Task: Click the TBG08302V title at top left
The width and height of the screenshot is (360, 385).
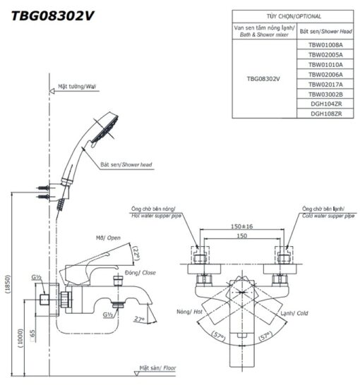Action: point(52,16)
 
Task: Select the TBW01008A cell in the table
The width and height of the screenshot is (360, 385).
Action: point(325,45)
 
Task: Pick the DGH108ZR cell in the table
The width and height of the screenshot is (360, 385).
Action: point(325,114)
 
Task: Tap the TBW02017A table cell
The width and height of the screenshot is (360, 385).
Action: point(325,85)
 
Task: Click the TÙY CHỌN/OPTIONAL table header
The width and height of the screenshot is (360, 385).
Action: point(294,16)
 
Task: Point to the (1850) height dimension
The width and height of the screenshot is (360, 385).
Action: point(8,284)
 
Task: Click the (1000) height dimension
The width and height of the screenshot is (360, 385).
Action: point(20,338)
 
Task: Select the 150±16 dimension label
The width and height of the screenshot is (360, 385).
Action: point(241,226)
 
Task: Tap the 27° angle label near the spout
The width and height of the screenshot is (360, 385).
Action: point(139,319)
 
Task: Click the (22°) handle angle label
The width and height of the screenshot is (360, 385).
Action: point(136,253)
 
